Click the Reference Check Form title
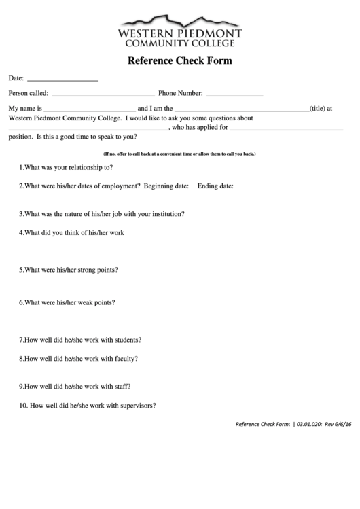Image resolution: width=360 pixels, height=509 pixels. pos(180,60)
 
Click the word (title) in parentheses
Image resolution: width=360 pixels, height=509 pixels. pos(317,108)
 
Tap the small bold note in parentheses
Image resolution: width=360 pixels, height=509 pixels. pos(179,154)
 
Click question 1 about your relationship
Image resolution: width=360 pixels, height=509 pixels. pos(66,167)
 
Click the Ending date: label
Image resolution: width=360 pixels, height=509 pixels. pos(215,186)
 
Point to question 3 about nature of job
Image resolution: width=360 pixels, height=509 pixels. pos(102,213)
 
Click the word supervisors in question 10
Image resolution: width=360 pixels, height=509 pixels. pos(138,406)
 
